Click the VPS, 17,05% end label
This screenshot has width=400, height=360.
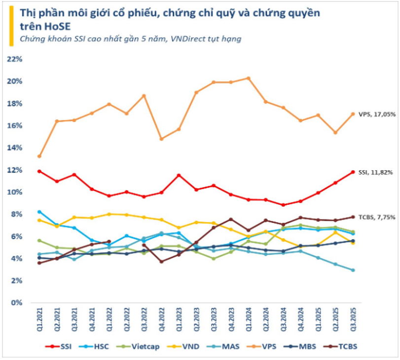pos(376,113)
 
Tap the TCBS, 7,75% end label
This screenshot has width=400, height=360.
pos(376,217)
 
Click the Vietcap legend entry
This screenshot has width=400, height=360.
pos(143,346)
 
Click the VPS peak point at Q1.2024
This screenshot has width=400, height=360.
pos(248,78)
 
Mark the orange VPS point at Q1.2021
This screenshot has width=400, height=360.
pos(39,156)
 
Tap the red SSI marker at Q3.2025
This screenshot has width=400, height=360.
pos(353,172)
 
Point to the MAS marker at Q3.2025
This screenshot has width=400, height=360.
pos(353,270)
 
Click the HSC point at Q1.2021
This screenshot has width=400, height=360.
pos(39,212)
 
